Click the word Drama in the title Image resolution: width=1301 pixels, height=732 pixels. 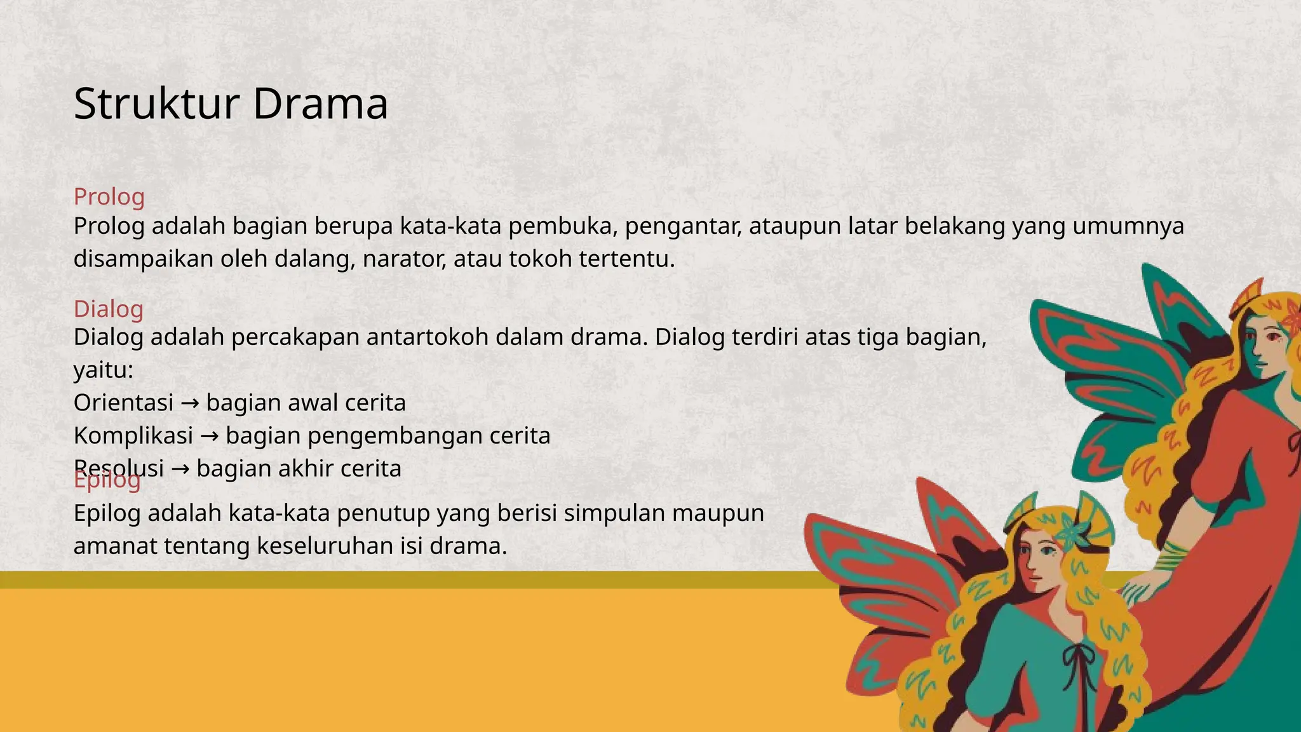[x=320, y=104]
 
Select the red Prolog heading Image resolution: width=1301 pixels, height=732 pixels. [x=109, y=196]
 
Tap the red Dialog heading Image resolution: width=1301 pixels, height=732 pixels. [x=109, y=309]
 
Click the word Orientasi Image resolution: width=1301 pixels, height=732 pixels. [x=123, y=403]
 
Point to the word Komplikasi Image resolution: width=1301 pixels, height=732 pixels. [x=133, y=436]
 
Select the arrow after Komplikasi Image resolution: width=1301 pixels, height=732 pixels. [x=209, y=437]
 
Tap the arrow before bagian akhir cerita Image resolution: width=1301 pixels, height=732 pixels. [x=180, y=470]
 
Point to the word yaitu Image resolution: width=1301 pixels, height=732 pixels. [x=102, y=370]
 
